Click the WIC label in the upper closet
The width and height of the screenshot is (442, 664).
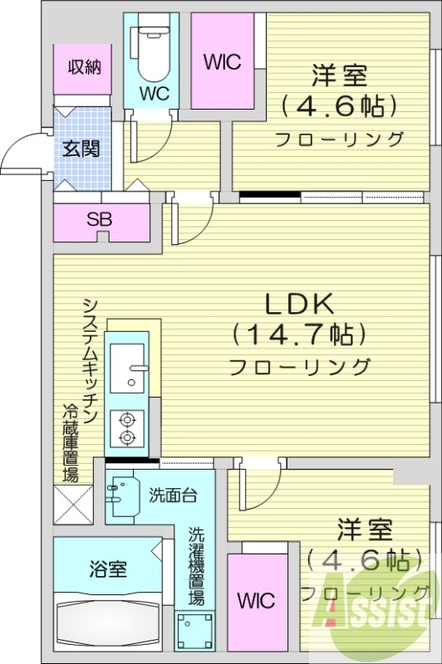[221, 61]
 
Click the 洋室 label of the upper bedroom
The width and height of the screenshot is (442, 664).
[339, 76]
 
